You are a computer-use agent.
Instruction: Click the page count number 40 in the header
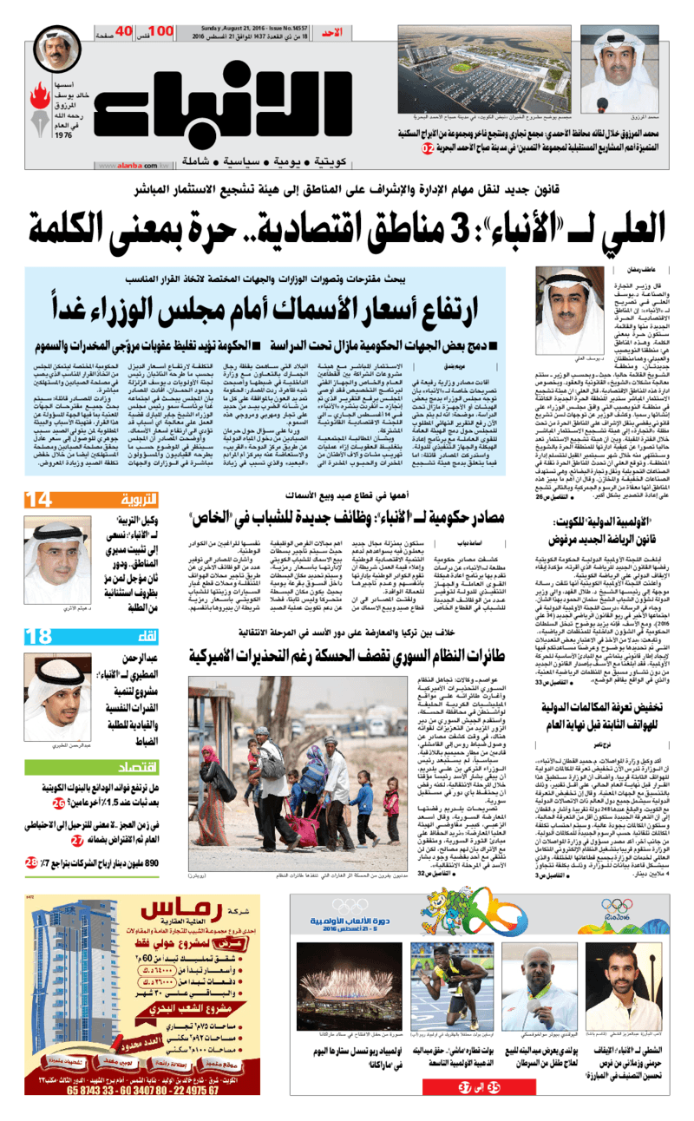click(x=123, y=33)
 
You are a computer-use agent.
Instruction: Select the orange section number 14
click(x=42, y=500)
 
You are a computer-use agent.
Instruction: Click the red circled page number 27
click(x=78, y=841)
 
